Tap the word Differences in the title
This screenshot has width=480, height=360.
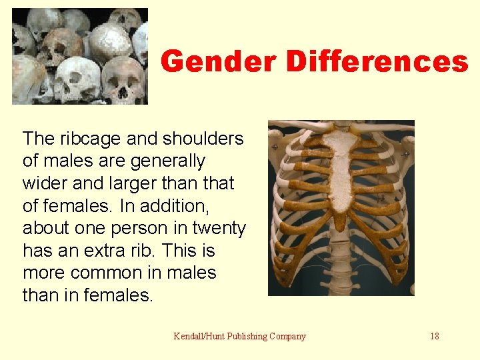(x=377, y=62)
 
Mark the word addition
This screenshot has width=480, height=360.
(x=165, y=206)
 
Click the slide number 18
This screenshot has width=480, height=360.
(x=435, y=336)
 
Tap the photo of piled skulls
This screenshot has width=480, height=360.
(x=80, y=56)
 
